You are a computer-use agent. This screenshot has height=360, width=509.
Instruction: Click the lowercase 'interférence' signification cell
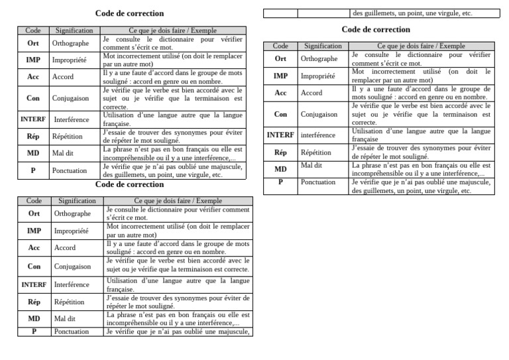pyautogui.click(x=318, y=135)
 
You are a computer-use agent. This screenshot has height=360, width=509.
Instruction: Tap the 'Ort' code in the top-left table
pyautogui.click(x=32, y=43)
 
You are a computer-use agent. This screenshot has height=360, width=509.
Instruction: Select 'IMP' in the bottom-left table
pyautogui.click(x=34, y=231)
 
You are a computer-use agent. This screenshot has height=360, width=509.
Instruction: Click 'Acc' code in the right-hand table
pyautogui.click(x=280, y=93)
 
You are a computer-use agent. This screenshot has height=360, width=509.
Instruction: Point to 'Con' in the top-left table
pyautogui.click(x=32, y=97)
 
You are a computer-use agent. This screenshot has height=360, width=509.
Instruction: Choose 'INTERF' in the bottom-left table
pyautogui.click(x=34, y=284)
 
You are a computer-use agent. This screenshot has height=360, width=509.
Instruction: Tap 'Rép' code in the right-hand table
pyautogui.click(x=280, y=152)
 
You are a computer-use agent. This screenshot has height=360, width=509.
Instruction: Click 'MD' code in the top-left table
pyautogui.click(x=32, y=153)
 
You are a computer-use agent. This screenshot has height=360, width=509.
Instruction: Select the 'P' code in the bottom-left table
pyautogui.click(x=34, y=331)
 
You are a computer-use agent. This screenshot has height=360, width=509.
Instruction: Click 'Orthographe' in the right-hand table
pyautogui.click(x=319, y=59)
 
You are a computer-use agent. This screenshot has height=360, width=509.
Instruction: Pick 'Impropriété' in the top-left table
pyautogui.click(x=69, y=60)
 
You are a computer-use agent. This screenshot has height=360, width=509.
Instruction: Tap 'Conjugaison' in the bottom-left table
pyautogui.click(x=73, y=267)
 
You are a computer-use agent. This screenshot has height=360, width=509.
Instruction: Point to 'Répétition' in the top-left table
pyautogui.click(x=68, y=136)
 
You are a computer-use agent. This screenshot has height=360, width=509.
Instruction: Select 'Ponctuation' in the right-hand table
pyautogui.click(x=318, y=181)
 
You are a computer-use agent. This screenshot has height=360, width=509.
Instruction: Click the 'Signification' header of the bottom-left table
pyautogui.click(x=77, y=200)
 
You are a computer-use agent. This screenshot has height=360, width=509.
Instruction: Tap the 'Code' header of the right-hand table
pyautogui.click(x=280, y=46)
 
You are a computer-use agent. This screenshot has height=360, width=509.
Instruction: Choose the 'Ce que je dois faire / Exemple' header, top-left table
pyautogui.click(x=172, y=30)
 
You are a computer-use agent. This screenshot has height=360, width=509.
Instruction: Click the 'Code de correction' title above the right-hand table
pyautogui.click(x=376, y=30)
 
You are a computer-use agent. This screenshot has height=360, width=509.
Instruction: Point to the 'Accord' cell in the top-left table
pyautogui.click(x=64, y=77)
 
